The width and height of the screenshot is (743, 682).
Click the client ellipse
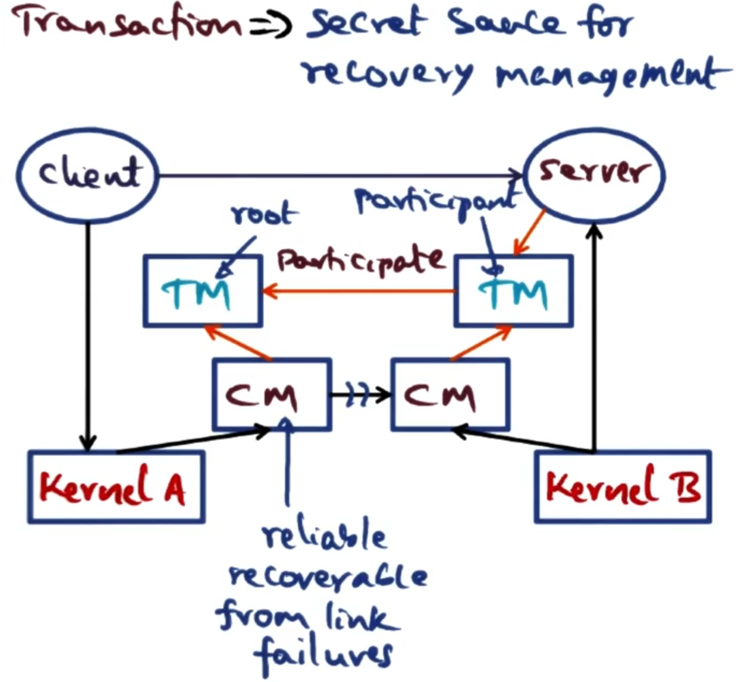click(88, 173)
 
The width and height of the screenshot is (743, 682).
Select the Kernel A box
click(116, 486)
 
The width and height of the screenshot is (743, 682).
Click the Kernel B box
click(622, 486)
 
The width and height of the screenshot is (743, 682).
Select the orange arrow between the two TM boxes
click(359, 291)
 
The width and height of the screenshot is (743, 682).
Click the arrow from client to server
click(340, 175)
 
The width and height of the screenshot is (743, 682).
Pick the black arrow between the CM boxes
click(360, 395)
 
